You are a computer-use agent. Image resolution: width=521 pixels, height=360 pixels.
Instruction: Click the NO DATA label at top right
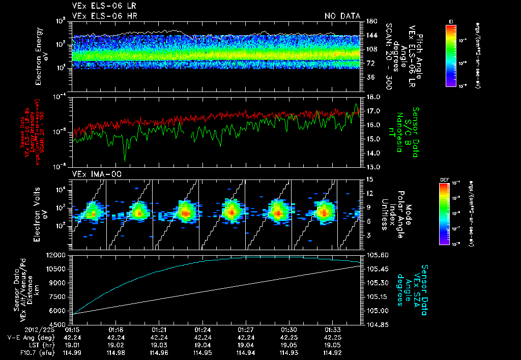(x=342, y=16)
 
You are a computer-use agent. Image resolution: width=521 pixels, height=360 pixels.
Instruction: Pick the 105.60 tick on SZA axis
(x=377, y=255)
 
